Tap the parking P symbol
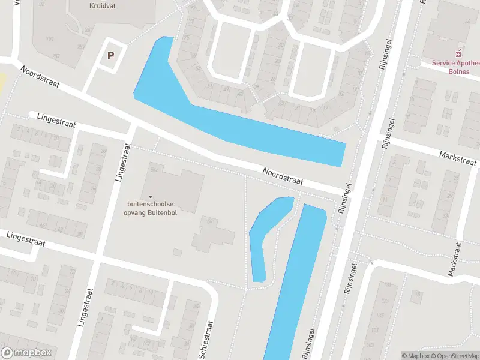click(110, 56)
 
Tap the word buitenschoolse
click(150, 204)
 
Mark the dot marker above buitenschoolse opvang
click(150, 196)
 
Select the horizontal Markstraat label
click(457, 158)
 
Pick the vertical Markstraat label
click(454, 259)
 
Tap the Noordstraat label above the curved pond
click(283, 176)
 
